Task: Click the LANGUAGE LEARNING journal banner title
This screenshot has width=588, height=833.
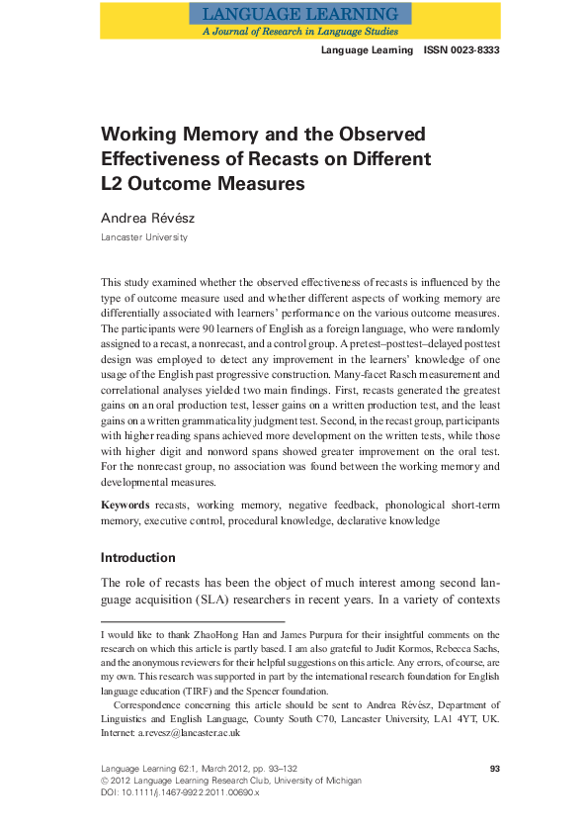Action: tap(299, 14)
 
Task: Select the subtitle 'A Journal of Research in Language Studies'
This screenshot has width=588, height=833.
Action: tap(299, 31)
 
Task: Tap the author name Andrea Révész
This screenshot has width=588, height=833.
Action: tap(149, 218)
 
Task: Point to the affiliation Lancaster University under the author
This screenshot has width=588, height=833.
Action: tap(143, 237)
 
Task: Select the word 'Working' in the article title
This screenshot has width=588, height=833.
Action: tap(140, 134)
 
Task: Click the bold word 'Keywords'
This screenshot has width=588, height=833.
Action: tap(126, 505)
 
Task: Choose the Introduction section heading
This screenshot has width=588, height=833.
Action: tap(137, 557)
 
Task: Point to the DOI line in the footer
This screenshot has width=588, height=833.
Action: tap(180, 792)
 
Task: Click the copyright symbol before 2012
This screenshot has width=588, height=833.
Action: tap(106, 781)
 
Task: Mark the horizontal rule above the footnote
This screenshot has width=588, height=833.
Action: tap(193, 621)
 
